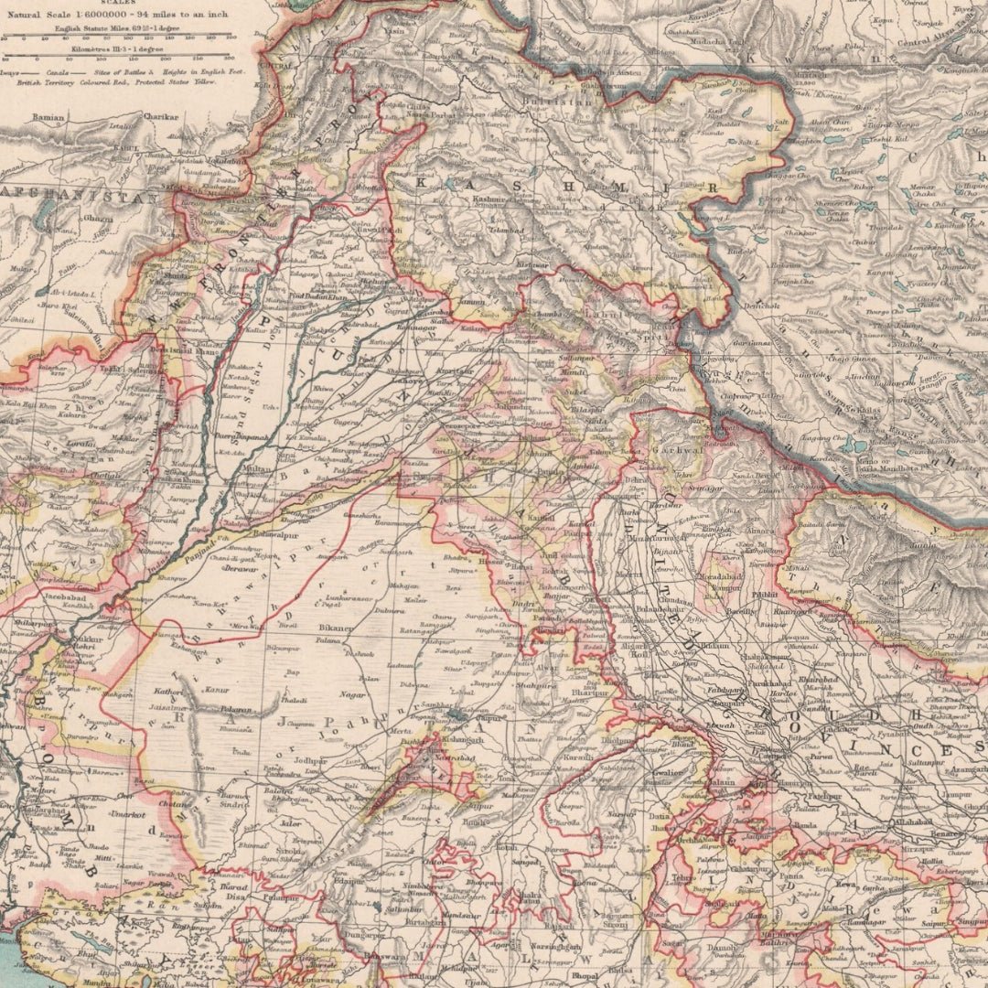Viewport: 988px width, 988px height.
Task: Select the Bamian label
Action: tap(48, 118)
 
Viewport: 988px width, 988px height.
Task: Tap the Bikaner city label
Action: tap(337, 629)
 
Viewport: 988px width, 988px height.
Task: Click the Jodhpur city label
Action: tap(309, 760)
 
